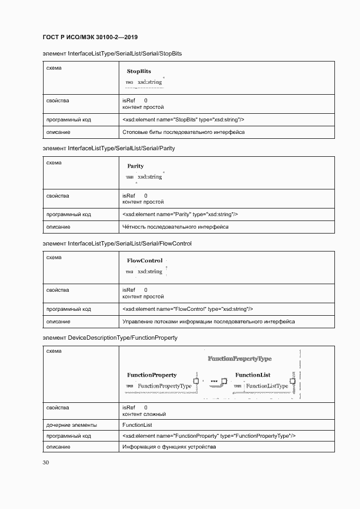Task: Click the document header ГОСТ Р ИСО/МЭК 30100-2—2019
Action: (90, 38)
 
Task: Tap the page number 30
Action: (46, 463)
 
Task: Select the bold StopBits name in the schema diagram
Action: (139, 71)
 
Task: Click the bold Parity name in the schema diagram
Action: (136, 166)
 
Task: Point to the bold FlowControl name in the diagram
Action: (144, 261)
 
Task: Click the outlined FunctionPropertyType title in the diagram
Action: (240, 359)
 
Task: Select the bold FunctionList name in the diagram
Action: (253, 375)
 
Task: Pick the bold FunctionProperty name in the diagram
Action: (151, 375)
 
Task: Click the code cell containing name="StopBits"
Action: (184, 120)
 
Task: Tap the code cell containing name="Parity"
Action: (180, 214)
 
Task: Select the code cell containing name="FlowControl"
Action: (188, 309)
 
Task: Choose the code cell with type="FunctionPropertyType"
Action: (209, 436)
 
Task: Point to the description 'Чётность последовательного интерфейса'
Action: (175, 227)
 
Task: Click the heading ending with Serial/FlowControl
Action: (117, 243)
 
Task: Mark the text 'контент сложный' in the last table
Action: (144, 414)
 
